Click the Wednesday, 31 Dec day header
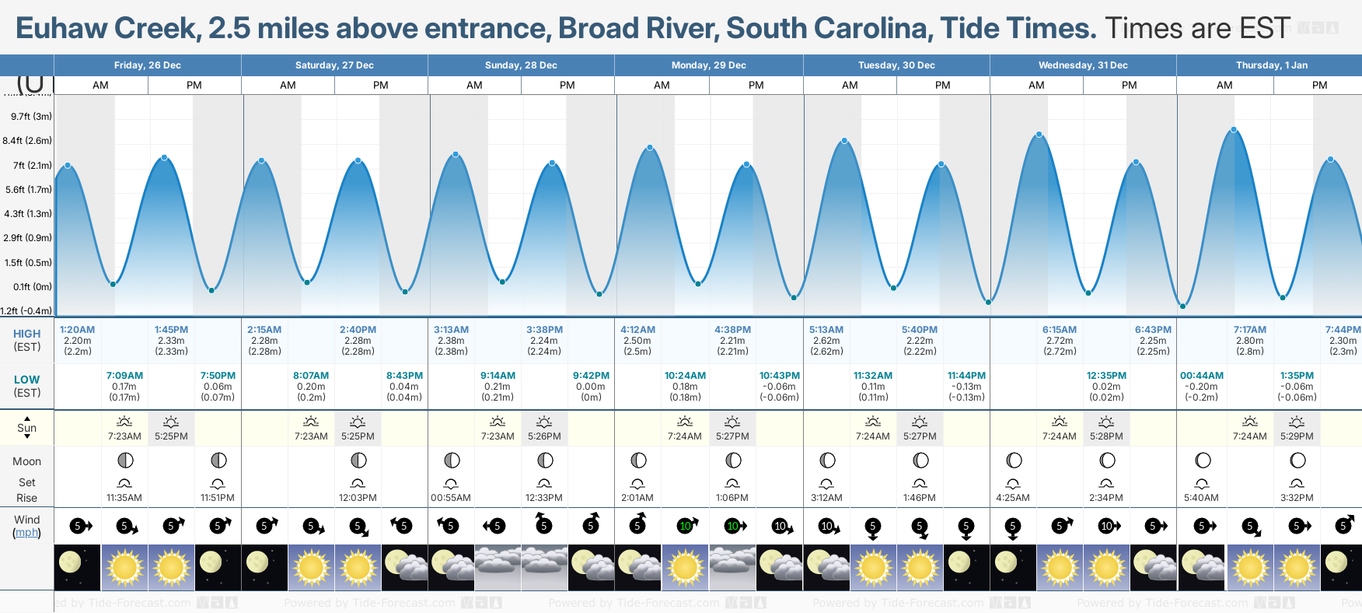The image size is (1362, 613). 1083,65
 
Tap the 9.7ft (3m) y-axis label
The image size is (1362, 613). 31,117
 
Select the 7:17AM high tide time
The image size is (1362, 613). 1250,330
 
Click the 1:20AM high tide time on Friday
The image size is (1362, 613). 77,330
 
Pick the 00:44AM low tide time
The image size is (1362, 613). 1202,376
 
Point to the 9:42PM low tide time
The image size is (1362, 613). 591,376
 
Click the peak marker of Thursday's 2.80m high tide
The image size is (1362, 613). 1234,130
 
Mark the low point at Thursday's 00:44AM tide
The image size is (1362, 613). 1183,306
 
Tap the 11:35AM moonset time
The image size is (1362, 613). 124,498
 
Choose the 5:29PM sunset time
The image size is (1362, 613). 1297,436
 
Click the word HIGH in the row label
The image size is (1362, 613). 26,334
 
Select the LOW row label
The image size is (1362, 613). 26,380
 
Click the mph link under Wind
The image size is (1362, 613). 27,533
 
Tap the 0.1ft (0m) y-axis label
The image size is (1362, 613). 33,287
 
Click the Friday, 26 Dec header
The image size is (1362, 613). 148,65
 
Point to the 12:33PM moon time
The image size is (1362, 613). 544,498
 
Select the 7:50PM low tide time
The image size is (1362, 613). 218,376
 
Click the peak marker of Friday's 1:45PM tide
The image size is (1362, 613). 164,158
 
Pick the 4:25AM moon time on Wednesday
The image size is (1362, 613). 1013,498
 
